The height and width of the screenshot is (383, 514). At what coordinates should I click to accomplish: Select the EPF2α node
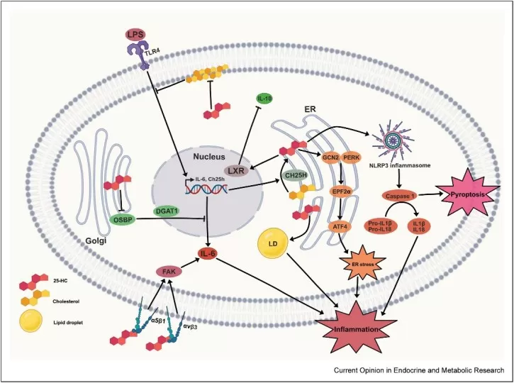(343, 191)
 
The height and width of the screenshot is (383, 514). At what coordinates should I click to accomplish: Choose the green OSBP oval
(125, 218)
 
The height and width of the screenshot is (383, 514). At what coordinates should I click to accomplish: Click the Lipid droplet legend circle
(33, 323)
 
